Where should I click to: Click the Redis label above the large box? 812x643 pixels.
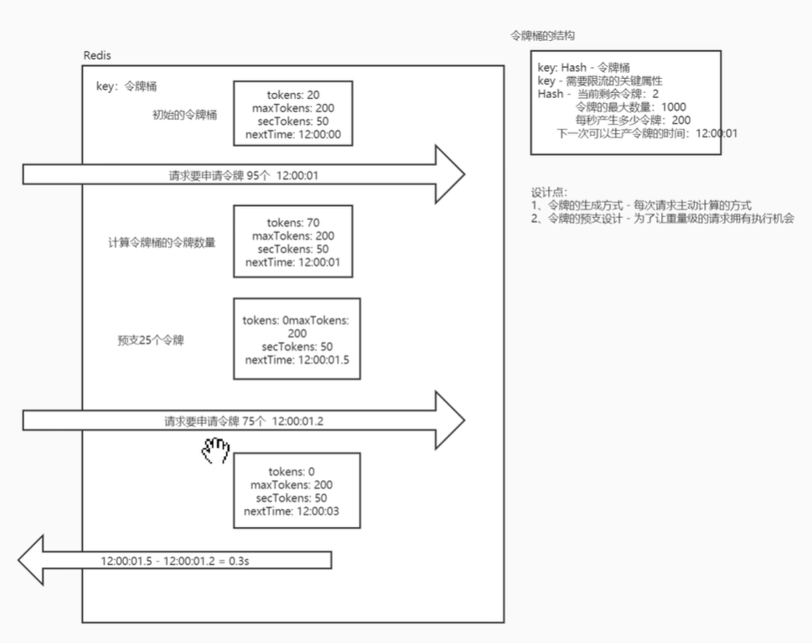(97, 55)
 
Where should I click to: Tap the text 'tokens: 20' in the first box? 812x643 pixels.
(292, 95)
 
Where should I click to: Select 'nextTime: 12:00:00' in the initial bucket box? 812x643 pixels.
(292, 134)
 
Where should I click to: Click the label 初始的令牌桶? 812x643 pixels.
(184, 115)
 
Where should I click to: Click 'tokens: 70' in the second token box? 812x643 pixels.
(292, 223)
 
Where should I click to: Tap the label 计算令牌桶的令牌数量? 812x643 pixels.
(162, 243)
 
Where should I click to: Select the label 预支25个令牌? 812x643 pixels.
(150, 341)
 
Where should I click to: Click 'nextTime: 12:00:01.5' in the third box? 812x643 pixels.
(297, 360)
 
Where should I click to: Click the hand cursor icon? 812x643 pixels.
(215, 451)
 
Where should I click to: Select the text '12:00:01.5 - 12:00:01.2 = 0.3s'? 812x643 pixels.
(175, 559)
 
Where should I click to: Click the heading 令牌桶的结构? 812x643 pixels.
(542, 36)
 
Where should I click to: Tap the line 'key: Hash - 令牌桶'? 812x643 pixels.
(583, 68)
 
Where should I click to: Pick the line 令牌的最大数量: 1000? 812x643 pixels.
(630, 107)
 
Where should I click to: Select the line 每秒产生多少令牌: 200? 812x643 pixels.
(633, 120)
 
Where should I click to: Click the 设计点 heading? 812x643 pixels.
(549, 193)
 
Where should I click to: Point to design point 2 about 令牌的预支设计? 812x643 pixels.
(662, 218)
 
